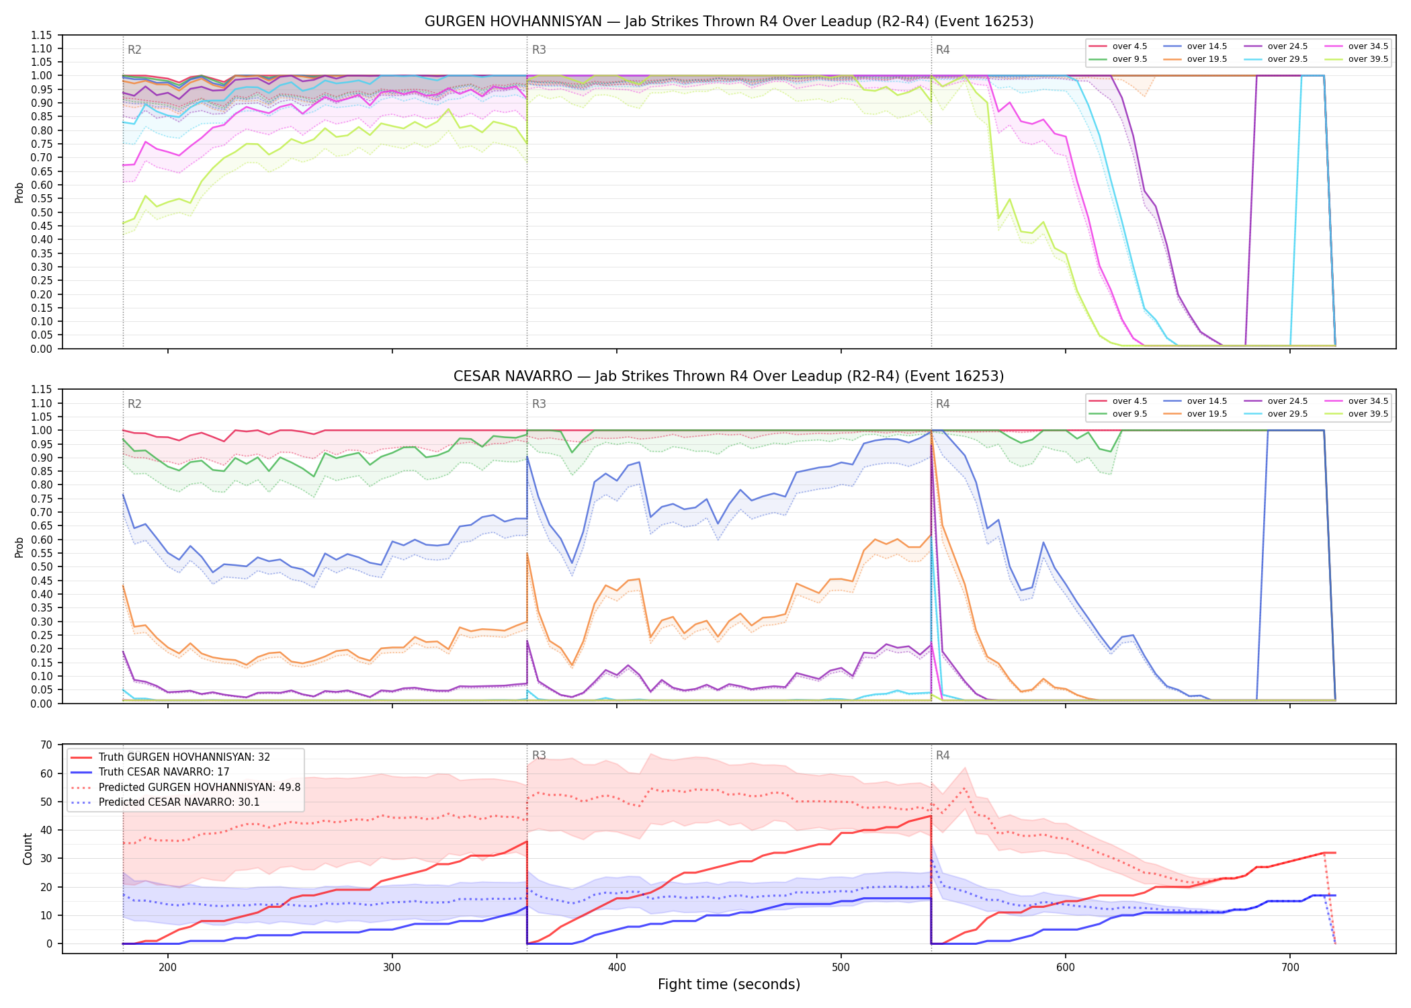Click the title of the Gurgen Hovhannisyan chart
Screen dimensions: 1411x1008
click(729, 22)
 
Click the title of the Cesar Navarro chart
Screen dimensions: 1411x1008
click(729, 376)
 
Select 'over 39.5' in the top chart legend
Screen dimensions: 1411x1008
click(1368, 59)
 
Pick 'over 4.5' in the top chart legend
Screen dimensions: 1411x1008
click(1129, 46)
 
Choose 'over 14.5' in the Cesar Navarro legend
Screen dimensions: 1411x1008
click(1207, 401)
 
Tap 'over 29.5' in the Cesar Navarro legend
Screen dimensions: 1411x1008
click(1287, 414)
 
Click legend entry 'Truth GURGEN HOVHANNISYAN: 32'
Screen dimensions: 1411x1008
click(184, 757)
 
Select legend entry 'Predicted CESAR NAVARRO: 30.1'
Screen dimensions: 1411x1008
click(179, 802)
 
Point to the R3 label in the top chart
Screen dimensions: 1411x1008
click(539, 50)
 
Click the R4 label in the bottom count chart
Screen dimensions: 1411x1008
click(943, 755)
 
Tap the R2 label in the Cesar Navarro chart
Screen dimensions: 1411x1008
click(134, 404)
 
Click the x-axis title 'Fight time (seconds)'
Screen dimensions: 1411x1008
click(729, 984)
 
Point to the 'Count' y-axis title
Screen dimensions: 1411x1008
click(28, 849)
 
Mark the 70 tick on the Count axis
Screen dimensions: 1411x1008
click(46, 745)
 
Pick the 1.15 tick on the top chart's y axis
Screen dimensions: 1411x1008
click(42, 35)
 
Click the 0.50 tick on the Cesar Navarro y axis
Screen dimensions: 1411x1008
click(42, 567)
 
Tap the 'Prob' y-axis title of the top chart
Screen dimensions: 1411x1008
click(19, 192)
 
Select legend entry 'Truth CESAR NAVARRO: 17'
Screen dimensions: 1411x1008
click(164, 772)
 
